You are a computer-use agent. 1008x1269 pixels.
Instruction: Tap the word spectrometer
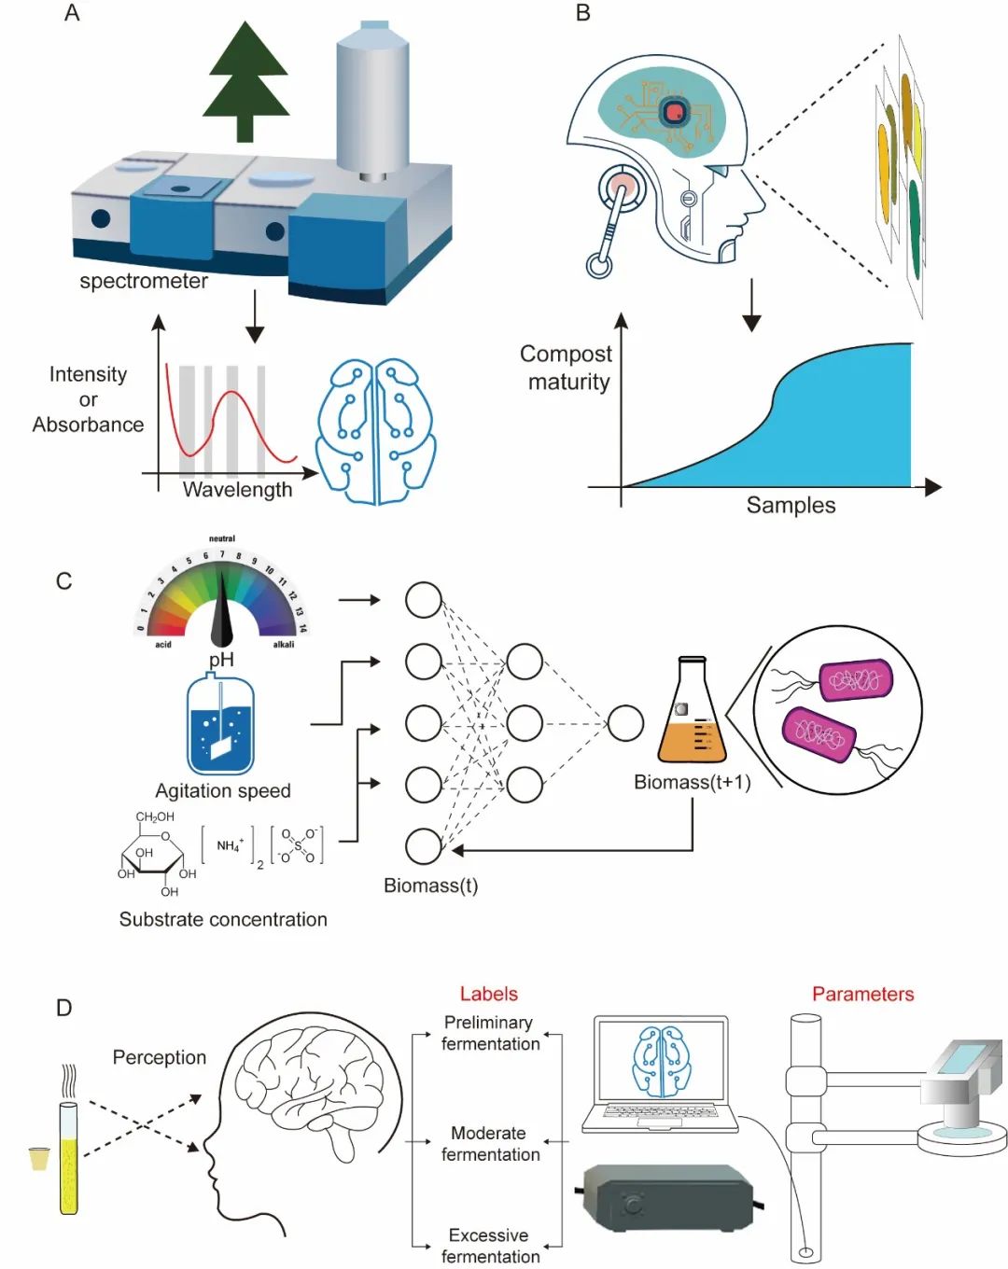click(x=144, y=281)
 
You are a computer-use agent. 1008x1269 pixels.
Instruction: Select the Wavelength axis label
click(x=237, y=490)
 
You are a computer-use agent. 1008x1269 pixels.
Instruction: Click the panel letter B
click(x=583, y=13)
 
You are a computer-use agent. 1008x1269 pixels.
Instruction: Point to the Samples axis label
click(x=791, y=505)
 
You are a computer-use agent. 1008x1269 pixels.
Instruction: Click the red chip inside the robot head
click(x=674, y=113)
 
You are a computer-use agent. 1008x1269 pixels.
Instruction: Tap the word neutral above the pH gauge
click(x=222, y=538)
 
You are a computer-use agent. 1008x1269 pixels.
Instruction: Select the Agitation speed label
click(x=223, y=790)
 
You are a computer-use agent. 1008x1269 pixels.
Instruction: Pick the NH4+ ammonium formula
click(x=230, y=845)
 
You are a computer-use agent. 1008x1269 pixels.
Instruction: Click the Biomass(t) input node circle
click(x=424, y=846)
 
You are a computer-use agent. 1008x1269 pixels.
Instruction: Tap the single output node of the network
click(x=625, y=722)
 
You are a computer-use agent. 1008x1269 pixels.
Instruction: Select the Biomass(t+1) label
click(x=692, y=782)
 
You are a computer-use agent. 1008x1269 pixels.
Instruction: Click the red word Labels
click(x=488, y=994)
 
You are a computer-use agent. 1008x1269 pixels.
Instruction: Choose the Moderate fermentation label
click(x=489, y=1144)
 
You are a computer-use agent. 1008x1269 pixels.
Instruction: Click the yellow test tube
click(x=69, y=1157)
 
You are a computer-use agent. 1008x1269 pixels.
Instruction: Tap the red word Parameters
click(x=862, y=994)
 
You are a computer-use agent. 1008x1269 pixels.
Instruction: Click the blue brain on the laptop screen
click(x=662, y=1061)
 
